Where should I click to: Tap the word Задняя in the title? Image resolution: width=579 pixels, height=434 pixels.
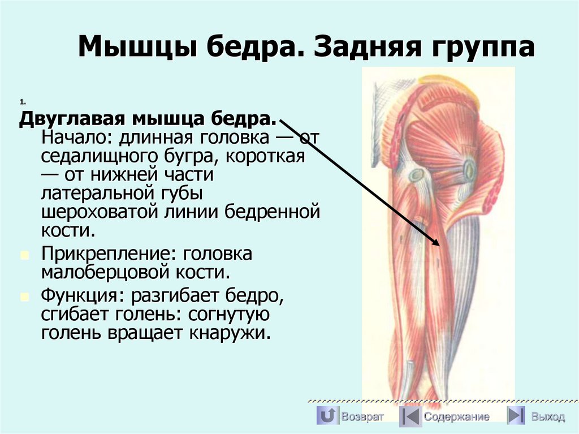point(369,48)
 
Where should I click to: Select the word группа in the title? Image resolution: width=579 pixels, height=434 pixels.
point(484,48)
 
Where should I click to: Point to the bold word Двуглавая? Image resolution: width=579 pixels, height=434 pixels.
point(73,120)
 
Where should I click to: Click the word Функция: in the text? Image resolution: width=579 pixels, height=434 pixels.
point(82,295)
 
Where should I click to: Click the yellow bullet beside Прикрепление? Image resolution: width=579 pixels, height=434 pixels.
point(24,255)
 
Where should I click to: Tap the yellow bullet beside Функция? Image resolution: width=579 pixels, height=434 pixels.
point(24,297)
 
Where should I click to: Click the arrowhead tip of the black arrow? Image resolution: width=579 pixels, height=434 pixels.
point(439,244)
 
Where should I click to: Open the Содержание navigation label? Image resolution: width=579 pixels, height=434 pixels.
point(457,417)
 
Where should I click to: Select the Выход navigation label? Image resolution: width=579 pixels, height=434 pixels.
point(548,417)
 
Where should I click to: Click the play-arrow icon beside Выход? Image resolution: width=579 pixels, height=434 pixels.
point(516,416)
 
